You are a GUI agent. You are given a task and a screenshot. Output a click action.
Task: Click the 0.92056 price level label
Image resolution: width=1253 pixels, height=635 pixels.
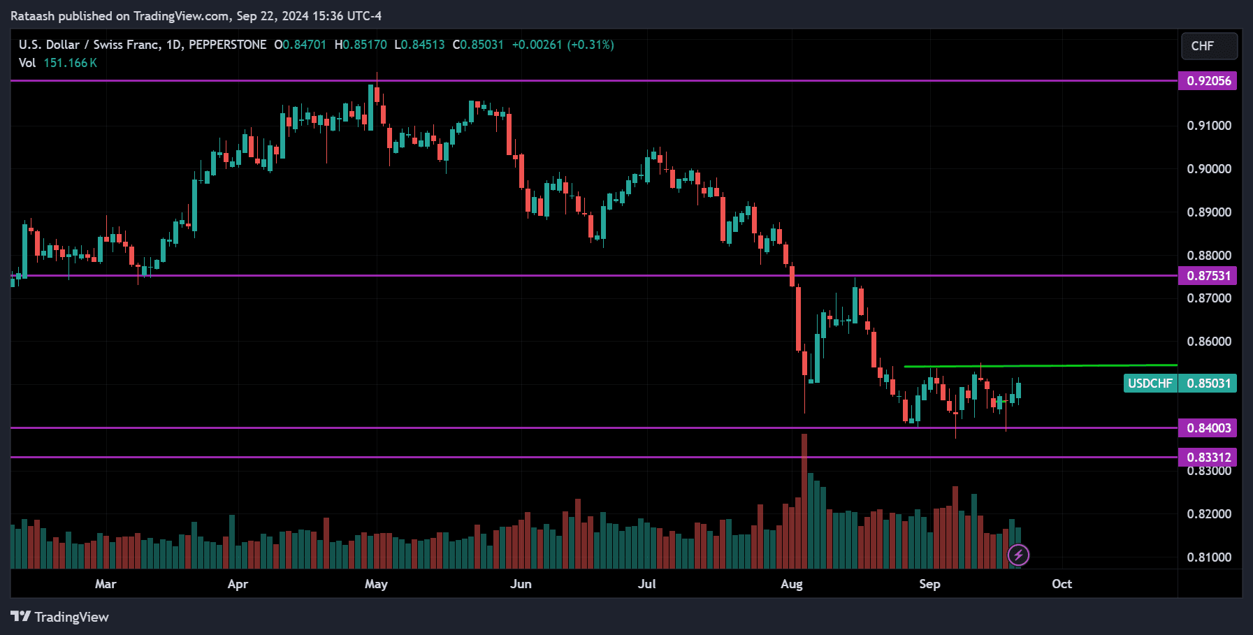1208,81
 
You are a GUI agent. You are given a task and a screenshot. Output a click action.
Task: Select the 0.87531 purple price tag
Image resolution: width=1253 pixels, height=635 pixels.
1208,276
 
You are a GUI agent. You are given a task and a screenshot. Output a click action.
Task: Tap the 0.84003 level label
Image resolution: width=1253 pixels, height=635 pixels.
1208,428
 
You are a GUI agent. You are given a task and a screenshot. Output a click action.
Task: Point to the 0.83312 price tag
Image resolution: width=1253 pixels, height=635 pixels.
1208,458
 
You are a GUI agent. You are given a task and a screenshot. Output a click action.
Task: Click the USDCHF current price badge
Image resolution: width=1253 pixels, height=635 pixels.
1180,384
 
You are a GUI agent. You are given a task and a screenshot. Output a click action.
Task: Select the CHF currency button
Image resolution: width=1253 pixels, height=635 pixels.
1208,46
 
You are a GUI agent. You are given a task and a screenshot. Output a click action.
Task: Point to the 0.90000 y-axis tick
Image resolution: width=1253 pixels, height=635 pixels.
1208,169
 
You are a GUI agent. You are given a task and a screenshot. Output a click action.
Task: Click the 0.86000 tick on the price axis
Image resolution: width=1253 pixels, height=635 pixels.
1208,342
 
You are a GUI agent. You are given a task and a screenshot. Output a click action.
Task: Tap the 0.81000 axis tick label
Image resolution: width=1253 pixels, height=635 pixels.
1208,557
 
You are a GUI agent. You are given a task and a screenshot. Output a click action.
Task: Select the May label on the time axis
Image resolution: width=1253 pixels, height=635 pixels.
376,584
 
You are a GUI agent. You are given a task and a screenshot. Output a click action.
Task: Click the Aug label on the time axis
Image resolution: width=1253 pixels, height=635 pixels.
791,584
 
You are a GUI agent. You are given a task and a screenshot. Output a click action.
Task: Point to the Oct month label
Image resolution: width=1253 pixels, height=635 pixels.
1062,584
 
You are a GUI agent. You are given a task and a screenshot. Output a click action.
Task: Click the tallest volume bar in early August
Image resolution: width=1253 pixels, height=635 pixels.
804,499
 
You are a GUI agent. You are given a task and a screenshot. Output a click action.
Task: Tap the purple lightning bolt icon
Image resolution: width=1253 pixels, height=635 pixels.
1018,555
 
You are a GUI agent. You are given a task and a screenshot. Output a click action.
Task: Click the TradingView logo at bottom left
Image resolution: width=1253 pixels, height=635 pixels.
60,617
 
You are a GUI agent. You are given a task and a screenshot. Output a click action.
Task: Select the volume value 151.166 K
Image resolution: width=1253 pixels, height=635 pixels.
70,63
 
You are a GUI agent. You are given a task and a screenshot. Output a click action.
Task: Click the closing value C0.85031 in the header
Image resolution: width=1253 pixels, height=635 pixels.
478,45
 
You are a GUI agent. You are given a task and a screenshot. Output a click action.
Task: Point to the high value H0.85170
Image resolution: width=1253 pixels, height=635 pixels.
361,45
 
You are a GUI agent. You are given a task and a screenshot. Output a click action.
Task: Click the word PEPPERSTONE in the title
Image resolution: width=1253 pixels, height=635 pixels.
228,45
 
